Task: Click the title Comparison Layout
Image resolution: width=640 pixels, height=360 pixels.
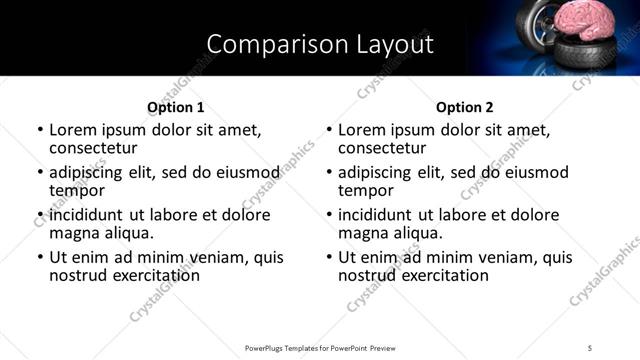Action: coord(320,44)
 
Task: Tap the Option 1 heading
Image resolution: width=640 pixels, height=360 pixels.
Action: coord(175,107)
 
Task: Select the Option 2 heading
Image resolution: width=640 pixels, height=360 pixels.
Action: coord(464,107)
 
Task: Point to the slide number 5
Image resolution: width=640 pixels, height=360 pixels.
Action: coord(590,347)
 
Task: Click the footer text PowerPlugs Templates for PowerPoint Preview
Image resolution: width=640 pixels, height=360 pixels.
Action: coord(320,347)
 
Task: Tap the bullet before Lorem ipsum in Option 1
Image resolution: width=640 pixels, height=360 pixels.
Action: coord(40,130)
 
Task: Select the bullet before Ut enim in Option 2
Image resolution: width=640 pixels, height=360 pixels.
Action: coord(329,257)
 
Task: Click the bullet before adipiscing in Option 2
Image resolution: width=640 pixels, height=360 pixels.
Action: coord(329,172)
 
